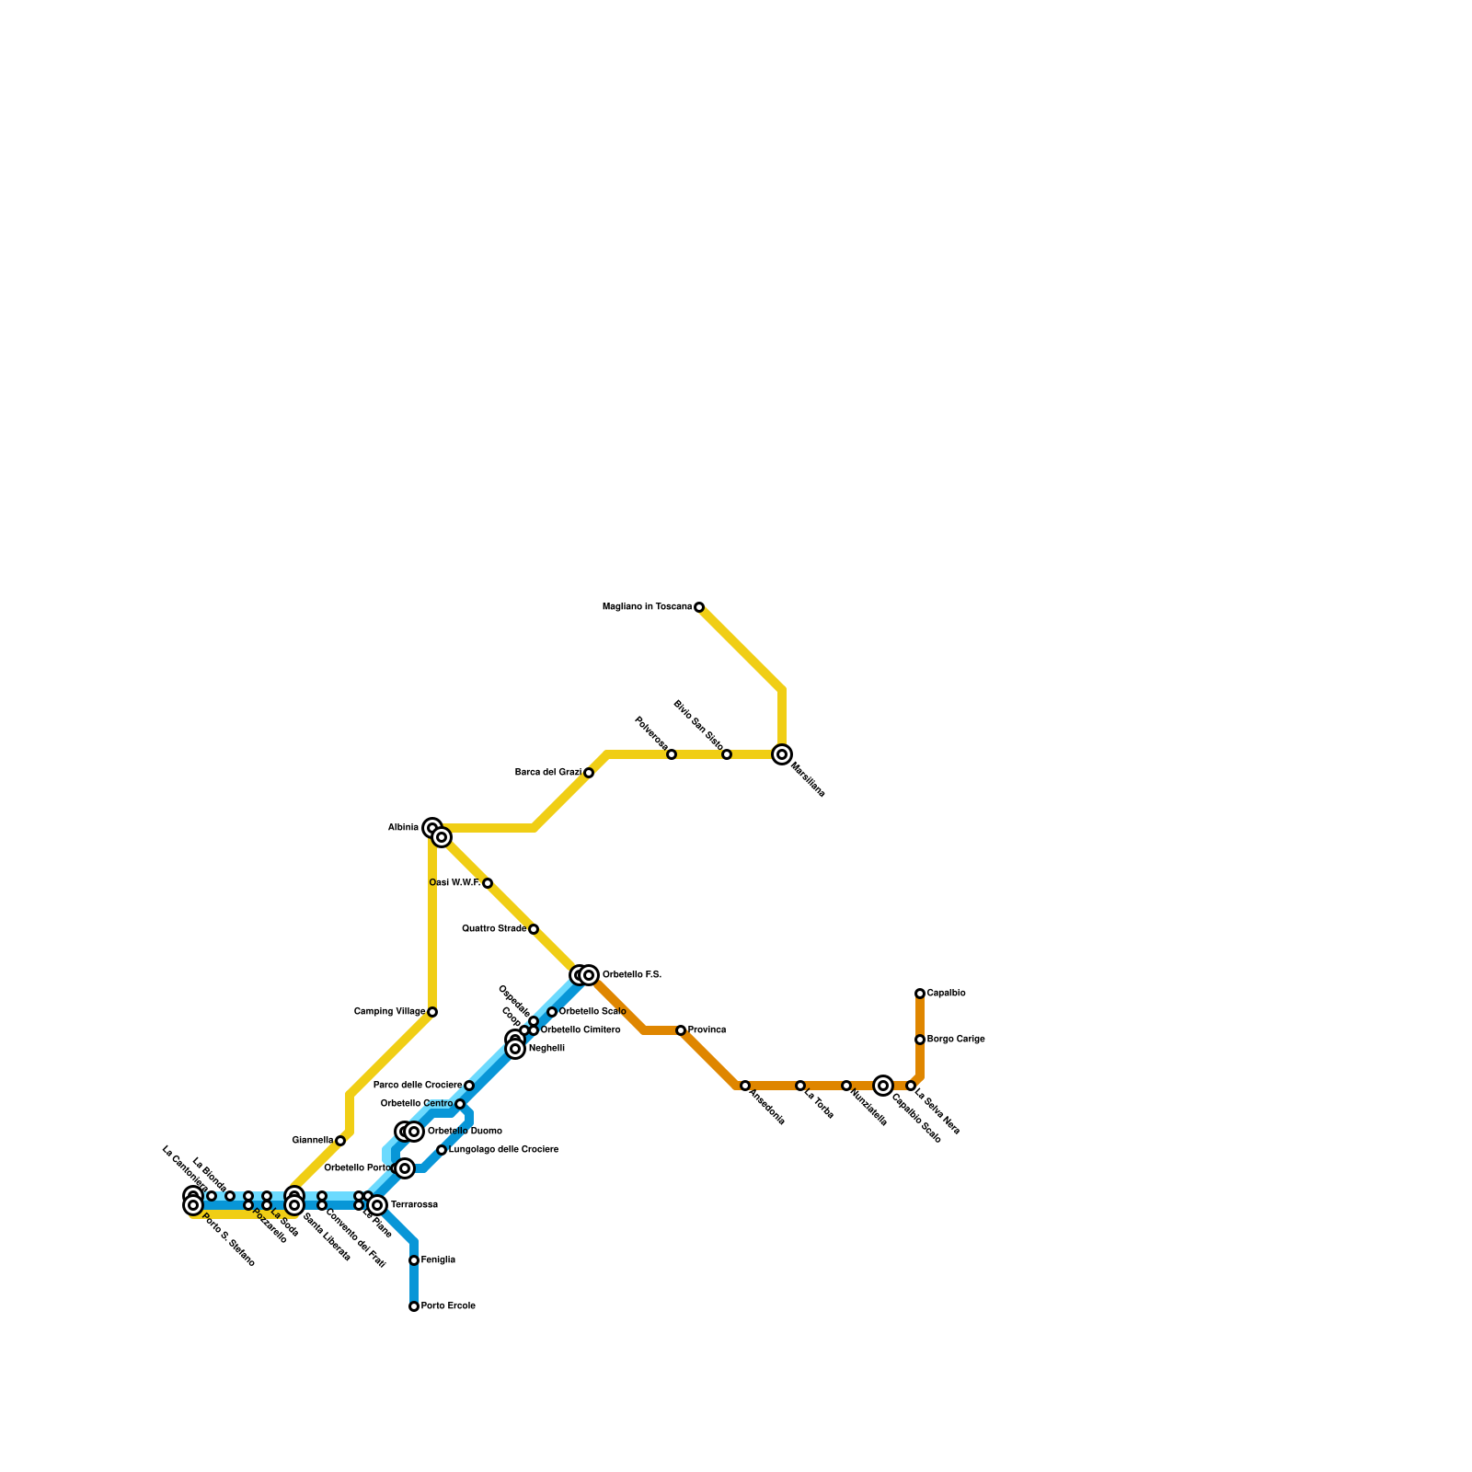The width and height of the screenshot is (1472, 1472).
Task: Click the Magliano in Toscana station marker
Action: pos(699,607)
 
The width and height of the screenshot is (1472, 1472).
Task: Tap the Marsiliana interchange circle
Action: pos(782,754)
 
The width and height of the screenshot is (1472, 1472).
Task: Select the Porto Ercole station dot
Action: pos(414,1306)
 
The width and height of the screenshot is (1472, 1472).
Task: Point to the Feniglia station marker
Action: pos(414,1260)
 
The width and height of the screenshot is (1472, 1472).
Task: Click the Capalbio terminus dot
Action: pos(920,994)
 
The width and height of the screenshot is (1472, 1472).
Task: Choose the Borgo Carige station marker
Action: pos(920,1040)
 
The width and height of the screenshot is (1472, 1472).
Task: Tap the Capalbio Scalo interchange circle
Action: pos(883,1086)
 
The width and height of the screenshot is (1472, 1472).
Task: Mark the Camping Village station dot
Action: pos(432,1012)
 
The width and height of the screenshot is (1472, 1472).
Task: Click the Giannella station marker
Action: pos(340,1141)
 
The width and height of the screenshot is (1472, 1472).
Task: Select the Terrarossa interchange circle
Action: pos(377,1205)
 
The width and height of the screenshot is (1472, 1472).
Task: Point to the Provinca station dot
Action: pos(681,1030)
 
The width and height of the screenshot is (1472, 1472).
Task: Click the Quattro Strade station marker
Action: pos(534,929)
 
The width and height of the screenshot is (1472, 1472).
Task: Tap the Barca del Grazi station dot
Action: pos(589,773)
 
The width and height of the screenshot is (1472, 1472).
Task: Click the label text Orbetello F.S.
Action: pos(632,975)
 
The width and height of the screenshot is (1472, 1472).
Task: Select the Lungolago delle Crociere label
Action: pos(503,1150)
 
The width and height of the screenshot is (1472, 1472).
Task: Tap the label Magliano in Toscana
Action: pos(647,607)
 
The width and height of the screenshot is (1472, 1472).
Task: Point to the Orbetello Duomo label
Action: pos(465,1132)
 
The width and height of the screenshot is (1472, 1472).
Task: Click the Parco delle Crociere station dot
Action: pos(469,1086)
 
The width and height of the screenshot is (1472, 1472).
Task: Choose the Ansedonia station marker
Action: pos(745,1086)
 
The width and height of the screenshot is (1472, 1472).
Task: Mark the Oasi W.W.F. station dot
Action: pos(488,883)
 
